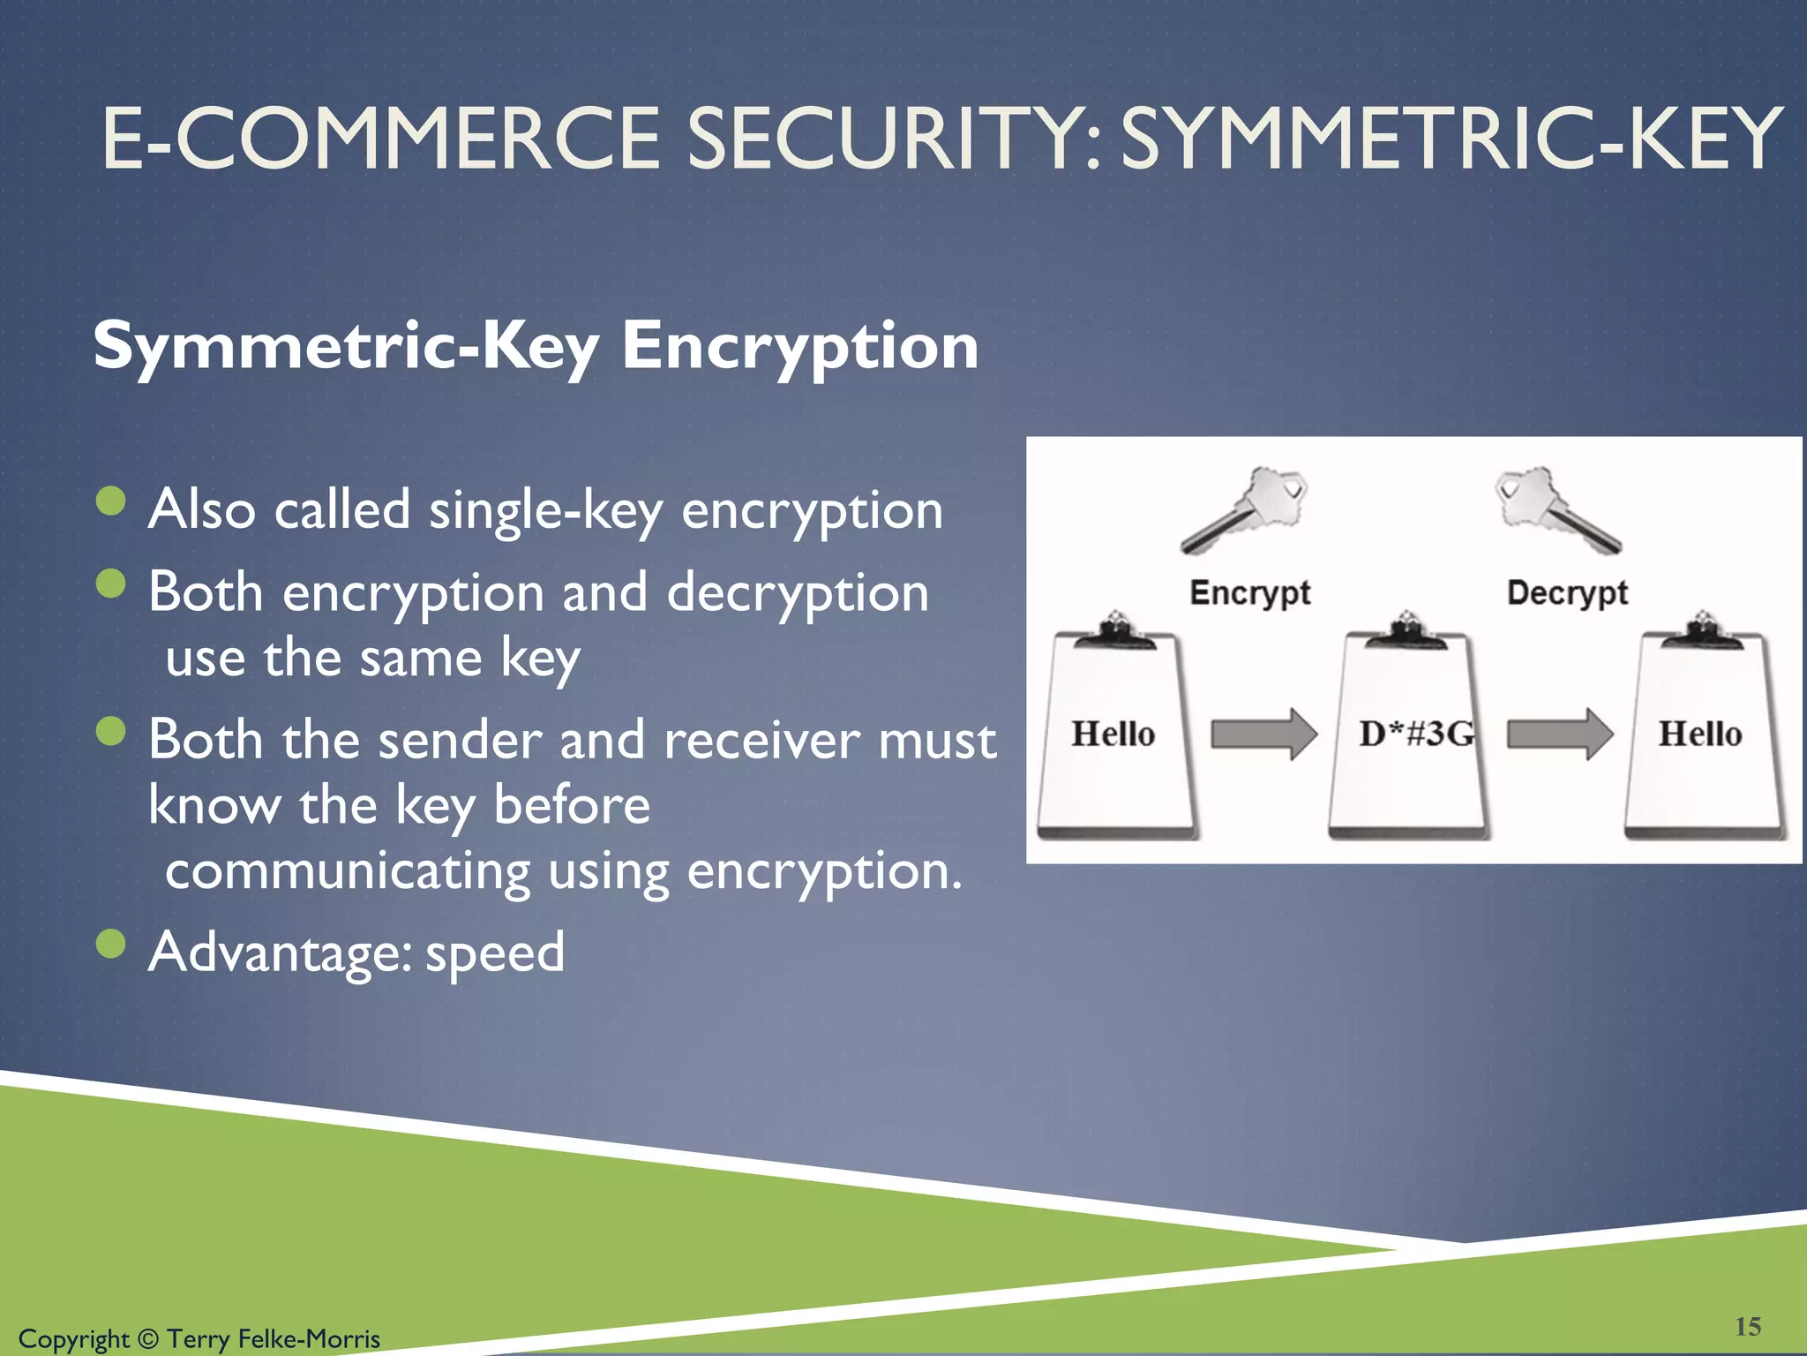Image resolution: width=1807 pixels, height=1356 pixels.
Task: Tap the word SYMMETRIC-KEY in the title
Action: (1451, 139)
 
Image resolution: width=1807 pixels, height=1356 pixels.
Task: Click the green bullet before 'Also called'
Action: (111, 501)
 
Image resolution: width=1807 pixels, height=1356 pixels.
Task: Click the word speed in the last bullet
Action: (494, 953)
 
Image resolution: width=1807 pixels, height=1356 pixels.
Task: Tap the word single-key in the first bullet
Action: (545, 510)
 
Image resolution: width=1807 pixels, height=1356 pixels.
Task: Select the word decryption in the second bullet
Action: (797, 593)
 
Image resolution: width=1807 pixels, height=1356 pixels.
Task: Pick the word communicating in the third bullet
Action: (348, 872)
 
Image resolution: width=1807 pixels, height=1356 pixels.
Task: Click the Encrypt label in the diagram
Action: (1249, 592)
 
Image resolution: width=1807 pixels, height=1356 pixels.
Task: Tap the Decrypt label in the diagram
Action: (1567, 592)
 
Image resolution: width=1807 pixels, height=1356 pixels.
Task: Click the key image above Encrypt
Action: (1245, 509)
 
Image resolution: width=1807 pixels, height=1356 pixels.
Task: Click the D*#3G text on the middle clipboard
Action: (1416, 734)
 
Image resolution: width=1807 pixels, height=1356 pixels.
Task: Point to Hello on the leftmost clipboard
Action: (1113, 734)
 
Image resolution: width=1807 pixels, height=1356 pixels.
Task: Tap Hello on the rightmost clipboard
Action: (1699, 734)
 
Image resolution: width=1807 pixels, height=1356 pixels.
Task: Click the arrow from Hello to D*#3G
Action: (1263, 734)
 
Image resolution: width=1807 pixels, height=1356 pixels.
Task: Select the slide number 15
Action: (1747, 1327)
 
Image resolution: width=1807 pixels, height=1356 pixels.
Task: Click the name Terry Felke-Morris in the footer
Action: (273, 1339)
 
